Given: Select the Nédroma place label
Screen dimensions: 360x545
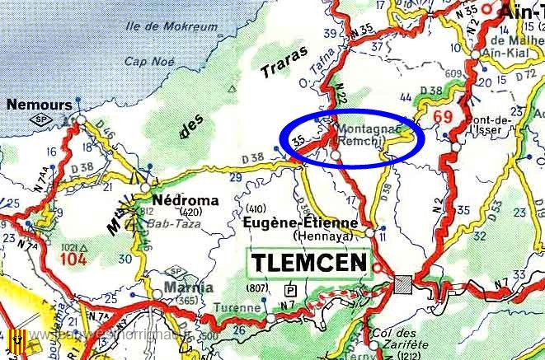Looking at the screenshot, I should point(186,200).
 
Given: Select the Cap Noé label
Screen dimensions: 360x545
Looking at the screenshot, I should point(146,61).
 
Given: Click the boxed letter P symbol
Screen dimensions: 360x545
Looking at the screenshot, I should point(289,291).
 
